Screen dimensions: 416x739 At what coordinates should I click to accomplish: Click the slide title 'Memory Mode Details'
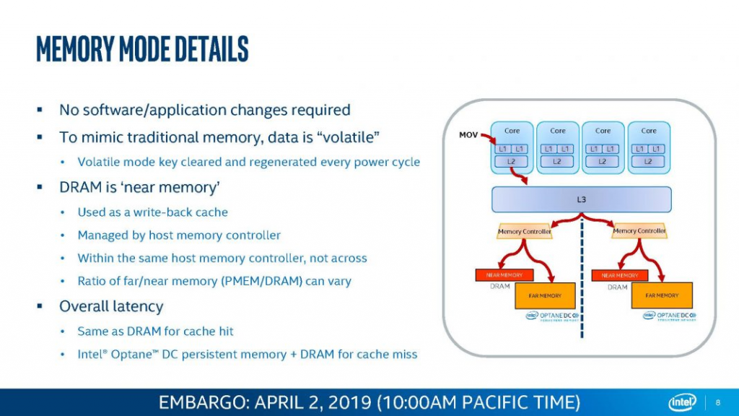click(x=142, y=49)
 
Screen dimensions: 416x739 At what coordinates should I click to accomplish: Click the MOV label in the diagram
click(x=468, y=135)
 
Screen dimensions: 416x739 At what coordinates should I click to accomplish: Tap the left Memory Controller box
click(x=525, y=231)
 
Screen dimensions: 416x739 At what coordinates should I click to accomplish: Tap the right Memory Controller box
click(x=639, y=231)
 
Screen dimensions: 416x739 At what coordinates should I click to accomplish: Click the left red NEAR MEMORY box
click(x=504, y=275)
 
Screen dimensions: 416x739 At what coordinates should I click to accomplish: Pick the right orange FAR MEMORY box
click(x=662, y=295)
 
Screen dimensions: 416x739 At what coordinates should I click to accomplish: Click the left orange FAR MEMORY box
click(x=545, y=295)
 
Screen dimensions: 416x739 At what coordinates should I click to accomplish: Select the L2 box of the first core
click(x=512, y=162)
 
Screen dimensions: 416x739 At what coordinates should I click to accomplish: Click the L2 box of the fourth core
click(x=648, y=162)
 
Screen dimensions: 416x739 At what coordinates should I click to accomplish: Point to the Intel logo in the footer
click(x=682, y=402)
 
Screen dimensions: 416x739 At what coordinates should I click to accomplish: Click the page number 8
click(x=718, y=402)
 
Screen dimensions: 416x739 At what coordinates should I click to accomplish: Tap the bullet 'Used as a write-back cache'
click(x=152, y=212)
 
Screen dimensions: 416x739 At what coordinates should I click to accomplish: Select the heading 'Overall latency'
click(x=111, y=306)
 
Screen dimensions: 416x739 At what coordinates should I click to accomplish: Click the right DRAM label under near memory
click(x=618, y=287)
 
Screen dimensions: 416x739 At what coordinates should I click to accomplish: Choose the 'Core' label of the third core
click(x=603, y=131)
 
